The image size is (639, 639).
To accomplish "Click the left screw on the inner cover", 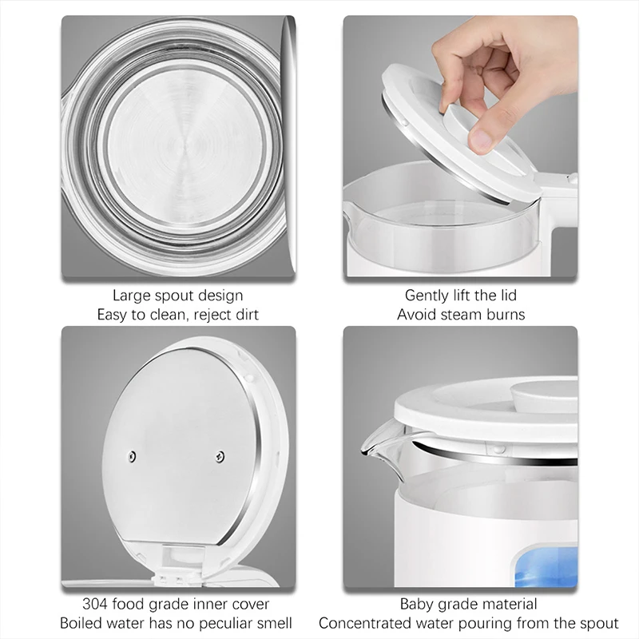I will [132, 456].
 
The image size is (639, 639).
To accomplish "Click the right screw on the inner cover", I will [220, 456].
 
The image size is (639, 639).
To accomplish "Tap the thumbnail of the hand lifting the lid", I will [460, 146].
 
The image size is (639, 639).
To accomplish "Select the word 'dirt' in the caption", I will [244, 315].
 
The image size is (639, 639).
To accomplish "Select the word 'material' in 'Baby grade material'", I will [506, 605].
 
